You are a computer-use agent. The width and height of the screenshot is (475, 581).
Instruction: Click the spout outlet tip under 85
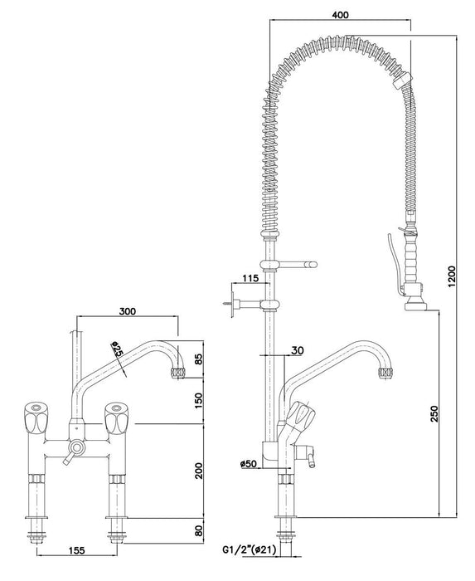pos(176,373)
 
